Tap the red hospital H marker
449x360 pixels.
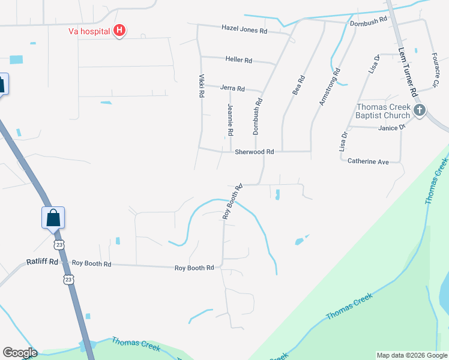(x=119, y=31)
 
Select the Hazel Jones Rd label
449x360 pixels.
(x=244, y=28)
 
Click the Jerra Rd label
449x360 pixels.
(x=232, y=88)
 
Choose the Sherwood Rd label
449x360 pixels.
(x=254, y=152)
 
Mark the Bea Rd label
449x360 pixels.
(x=298, y=85)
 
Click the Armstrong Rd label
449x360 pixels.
(x=330, y=88)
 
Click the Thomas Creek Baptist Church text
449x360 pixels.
(x=382, y=111)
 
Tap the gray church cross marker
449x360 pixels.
(x=419, y=110)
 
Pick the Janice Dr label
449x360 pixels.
(x=392, y=127)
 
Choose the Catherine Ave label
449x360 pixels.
(x=369, y=161)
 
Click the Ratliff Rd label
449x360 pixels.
(x=42, y=262)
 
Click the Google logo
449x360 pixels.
(x=20, y=353)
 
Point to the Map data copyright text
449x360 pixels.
(x=411, y=355)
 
